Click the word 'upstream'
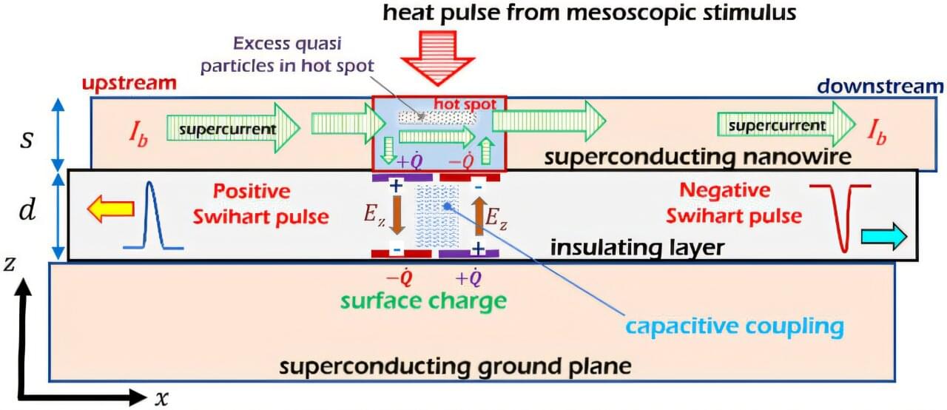click(129, 83)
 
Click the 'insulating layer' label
click(636, 247)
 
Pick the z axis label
click(10, 266)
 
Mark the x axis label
click(161, 398)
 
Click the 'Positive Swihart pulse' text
click(252, 203)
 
